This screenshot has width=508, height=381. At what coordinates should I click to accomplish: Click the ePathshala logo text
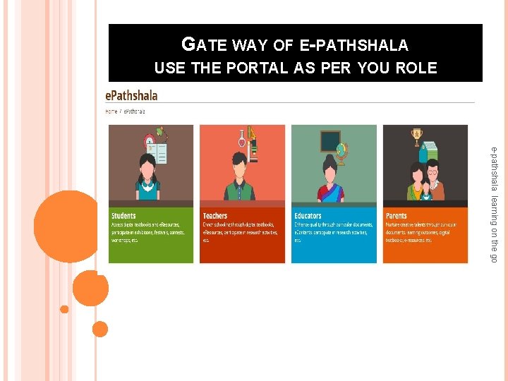pos(131,95)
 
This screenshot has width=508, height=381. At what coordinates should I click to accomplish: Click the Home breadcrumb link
pos(111,111)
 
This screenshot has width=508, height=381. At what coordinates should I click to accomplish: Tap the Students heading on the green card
pos(123,216)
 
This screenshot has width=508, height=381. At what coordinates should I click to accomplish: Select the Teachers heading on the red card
pos(215,216)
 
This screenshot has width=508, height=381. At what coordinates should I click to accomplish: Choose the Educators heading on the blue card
pos(308,216)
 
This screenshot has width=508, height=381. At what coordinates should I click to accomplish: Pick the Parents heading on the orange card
pos(396,216)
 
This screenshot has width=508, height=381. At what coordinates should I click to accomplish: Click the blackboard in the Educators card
pos(331,141)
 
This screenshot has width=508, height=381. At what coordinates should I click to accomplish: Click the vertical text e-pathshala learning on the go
pos(495,205)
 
